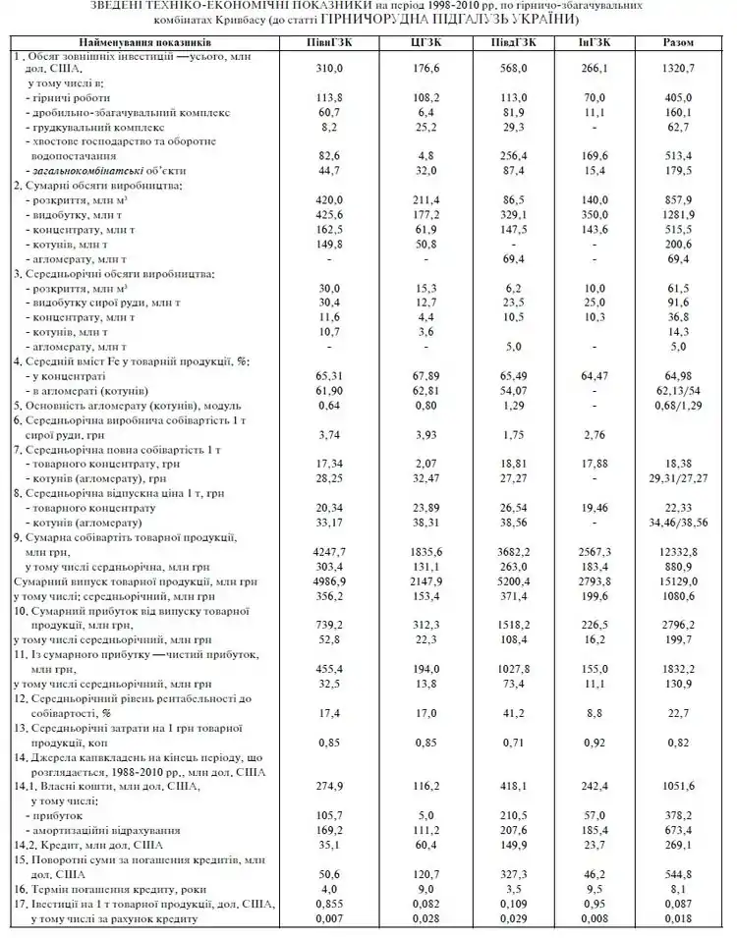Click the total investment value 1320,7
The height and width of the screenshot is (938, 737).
(x=678, y=71)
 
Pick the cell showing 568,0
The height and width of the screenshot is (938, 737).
(x=511, y=71)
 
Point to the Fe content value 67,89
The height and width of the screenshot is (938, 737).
(x=425, y=376)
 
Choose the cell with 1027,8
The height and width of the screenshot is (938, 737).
(x=511, y=668)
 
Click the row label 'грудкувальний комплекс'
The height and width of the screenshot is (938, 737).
(x=94, y=128)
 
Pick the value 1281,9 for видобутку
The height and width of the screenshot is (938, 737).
(x=678, y=213)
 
